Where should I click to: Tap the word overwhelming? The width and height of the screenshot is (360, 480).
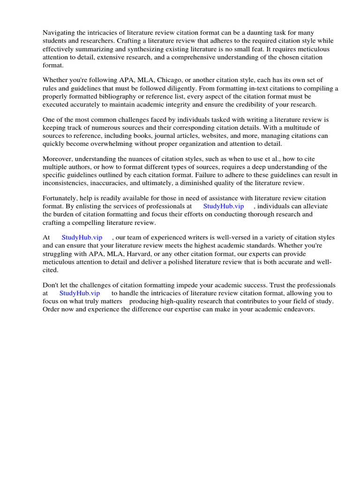[x=134, y=143]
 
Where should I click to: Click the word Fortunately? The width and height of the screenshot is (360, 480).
[x=60, y=198]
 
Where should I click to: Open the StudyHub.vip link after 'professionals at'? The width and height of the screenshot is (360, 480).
[x=224, y=206]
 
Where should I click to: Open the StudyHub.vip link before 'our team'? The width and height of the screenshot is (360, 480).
[x=82, y=238]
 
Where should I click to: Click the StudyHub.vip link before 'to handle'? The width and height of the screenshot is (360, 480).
[x=80, y=293]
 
